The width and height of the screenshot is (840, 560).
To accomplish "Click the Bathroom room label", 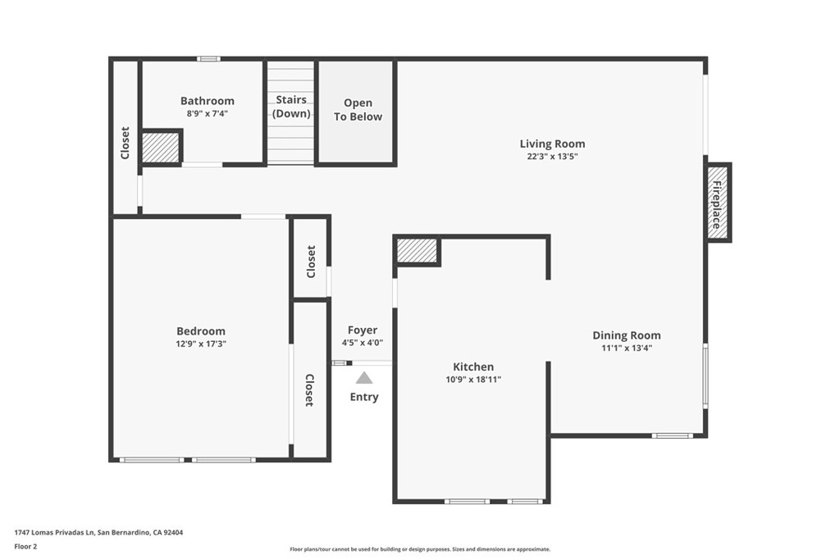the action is pos(208,101).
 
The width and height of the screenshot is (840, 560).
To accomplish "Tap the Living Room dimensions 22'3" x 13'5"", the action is pos(552,157).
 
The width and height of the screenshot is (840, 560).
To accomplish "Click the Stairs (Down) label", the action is pos(291,107).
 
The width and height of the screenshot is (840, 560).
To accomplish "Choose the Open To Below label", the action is pos(358,110).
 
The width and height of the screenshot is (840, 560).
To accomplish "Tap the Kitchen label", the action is pos(473,367).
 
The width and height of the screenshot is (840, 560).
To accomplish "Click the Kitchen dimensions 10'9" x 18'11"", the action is pos(473,380).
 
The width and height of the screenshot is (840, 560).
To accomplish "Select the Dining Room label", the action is pos(627,335).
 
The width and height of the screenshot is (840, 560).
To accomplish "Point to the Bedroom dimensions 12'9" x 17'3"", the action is pos(201,344).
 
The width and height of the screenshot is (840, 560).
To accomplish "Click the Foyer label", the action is pos(363,330).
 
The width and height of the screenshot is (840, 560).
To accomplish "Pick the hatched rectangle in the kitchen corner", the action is pos(417,251).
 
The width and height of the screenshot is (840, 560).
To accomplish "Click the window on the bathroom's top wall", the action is pos(208,59).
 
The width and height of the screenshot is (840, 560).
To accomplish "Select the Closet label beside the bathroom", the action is pos(125,143).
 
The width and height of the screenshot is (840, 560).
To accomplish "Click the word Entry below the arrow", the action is pos(364,397).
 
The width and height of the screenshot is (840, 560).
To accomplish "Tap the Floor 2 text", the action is pos(25,547).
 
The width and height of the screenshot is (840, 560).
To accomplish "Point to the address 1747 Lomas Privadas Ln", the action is pos(54,532).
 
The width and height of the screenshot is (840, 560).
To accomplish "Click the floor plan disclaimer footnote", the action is pos(420,549).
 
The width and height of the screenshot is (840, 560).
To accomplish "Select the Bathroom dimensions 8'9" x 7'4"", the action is pos(208,113).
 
